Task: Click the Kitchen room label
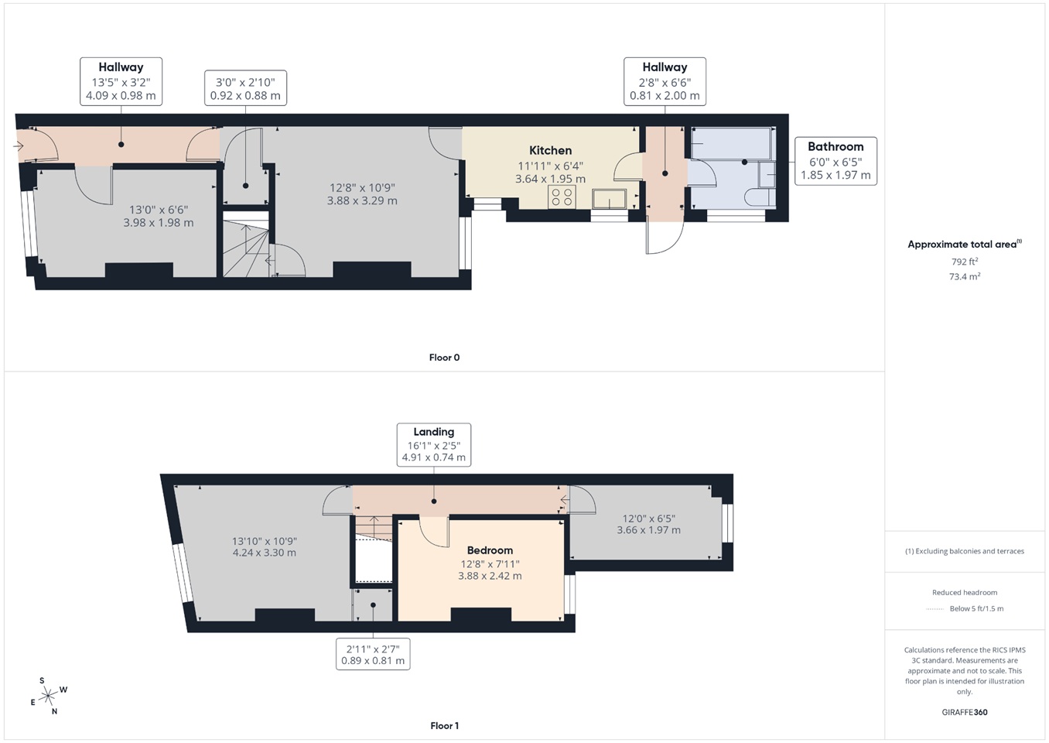550,150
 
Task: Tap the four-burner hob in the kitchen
562,197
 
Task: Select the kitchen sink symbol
610,200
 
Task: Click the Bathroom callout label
835,160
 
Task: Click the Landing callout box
433,444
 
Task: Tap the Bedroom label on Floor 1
490,550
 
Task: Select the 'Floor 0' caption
444,358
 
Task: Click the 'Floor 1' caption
444,726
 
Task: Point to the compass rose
49,695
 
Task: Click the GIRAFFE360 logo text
964,712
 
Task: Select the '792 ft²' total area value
964,262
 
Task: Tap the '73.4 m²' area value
964,276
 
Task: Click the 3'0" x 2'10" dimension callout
245,88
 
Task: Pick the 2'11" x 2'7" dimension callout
373,654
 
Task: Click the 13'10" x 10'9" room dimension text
264,547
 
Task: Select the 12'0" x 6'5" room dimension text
648,524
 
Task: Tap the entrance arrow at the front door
19,146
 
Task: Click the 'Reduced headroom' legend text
964,592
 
